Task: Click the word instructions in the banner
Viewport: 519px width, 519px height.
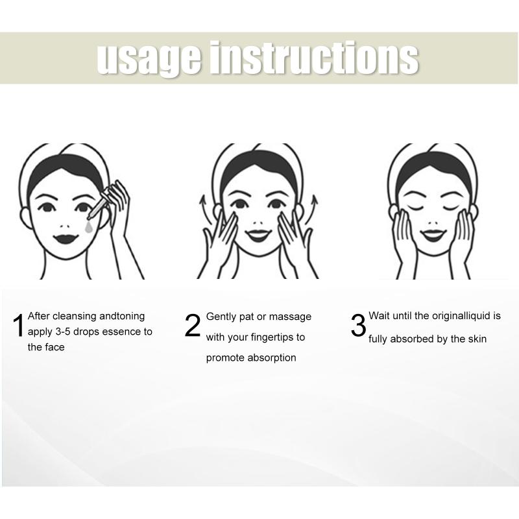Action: click(315, 58)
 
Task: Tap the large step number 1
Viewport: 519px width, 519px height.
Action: click(19, 326)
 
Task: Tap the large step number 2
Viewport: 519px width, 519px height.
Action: click(193, 326)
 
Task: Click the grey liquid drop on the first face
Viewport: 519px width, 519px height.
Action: click(88, 227)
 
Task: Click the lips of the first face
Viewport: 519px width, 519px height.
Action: click(66, 238)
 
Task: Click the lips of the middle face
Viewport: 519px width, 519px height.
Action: click(258, 235)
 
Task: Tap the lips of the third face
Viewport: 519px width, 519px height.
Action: click(433, 235)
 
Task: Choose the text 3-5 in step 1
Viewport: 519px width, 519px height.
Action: click(63, 332)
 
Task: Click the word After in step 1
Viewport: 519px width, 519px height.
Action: click(39, 316)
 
